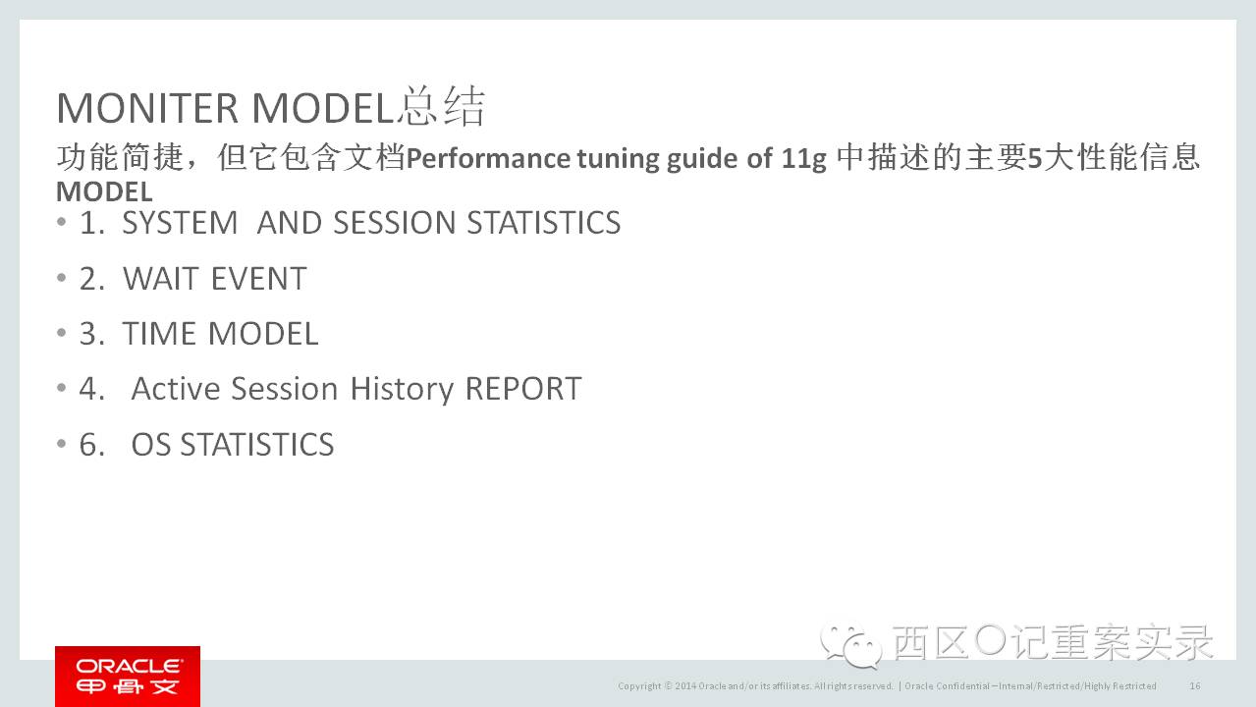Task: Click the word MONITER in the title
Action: click(147, 108)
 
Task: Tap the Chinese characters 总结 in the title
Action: click(441, 106)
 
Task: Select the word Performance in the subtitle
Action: click(487, 158)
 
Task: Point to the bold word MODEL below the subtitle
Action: click(104, 191)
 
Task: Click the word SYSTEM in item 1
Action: click(180, 223)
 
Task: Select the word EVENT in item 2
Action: click(258, 278)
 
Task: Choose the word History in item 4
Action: click(402, 389)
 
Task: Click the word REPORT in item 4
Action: click(523, 389)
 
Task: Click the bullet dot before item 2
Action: click(62, 278)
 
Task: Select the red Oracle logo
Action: click(128, 677)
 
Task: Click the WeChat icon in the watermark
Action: click(850, 645)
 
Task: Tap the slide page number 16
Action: click(1195, 685)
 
